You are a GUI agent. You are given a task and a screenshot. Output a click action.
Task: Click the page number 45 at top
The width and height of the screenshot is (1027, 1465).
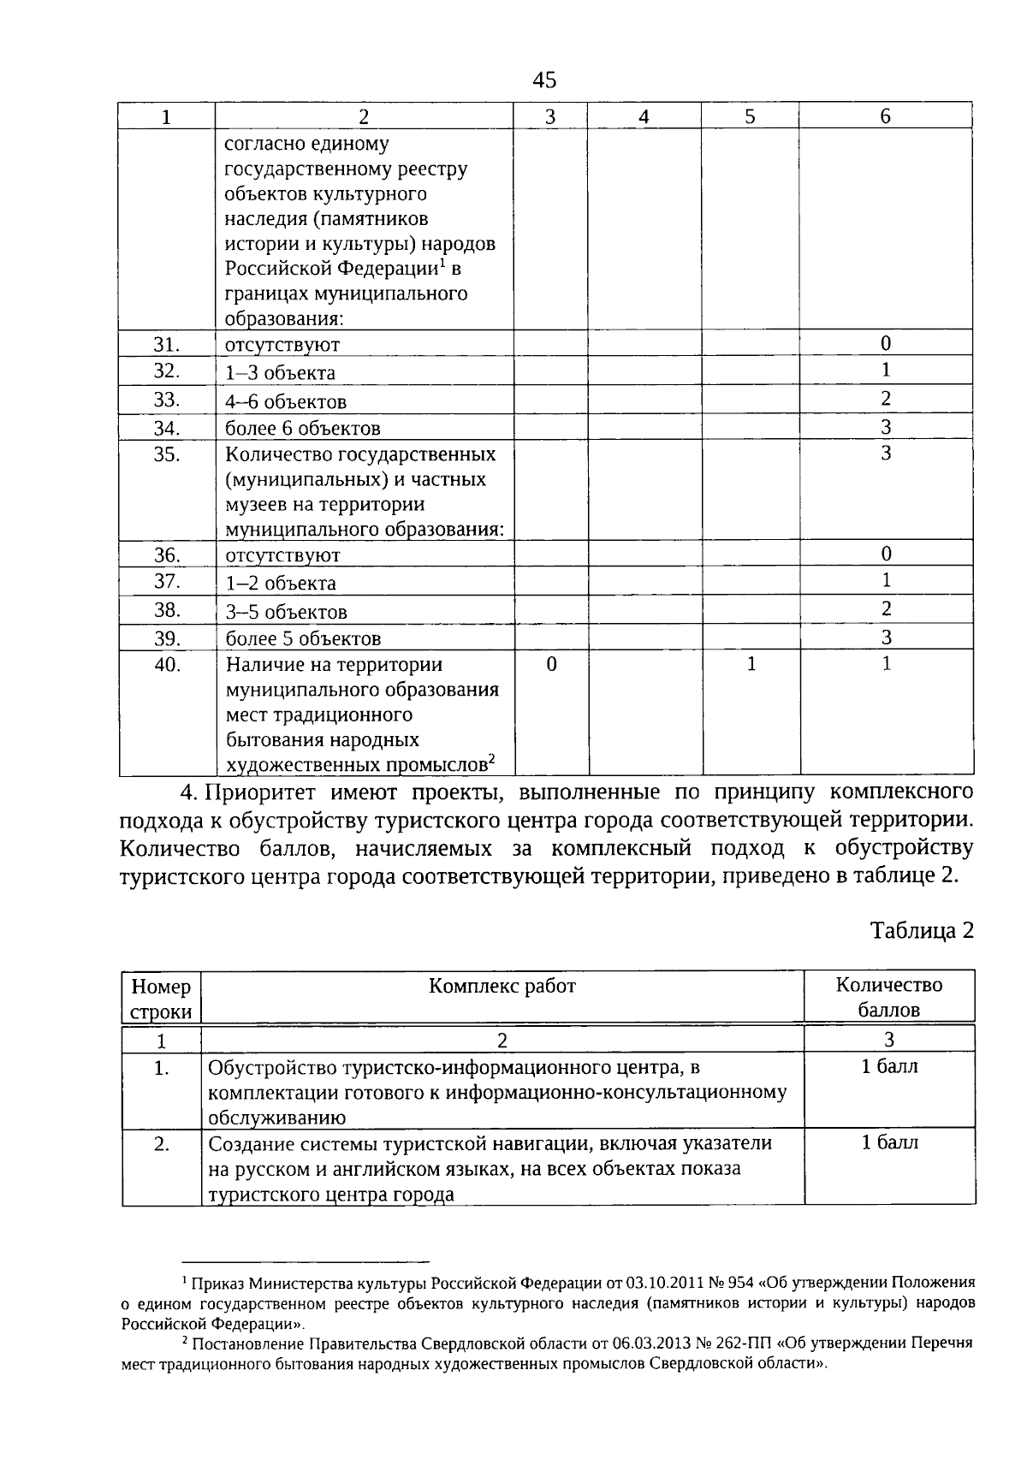[544, 80]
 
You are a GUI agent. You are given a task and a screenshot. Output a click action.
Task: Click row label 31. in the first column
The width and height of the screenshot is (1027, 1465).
[166, 344]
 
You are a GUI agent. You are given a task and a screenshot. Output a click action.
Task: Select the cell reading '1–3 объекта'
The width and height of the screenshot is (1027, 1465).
[280, 373]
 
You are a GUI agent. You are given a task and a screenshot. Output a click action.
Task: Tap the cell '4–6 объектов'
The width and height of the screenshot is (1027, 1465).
[286, 401]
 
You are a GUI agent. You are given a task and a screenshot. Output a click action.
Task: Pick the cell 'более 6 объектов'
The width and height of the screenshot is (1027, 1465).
[303, 428]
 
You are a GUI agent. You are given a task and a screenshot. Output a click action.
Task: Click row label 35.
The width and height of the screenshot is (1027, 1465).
[166, 454]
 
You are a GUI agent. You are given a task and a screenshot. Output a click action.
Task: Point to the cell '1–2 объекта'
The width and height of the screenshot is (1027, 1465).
[280, 584]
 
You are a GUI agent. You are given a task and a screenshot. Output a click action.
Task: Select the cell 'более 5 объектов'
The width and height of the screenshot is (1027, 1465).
[303, 638]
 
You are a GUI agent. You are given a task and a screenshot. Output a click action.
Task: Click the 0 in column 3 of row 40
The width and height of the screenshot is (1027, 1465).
[550, 664]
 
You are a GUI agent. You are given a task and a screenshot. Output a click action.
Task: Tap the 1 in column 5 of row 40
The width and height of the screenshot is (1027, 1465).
[751, 664]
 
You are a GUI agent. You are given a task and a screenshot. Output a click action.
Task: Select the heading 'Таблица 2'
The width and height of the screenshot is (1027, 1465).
[922, 930]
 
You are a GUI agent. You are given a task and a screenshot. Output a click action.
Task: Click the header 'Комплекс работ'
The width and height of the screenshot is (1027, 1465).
[502, 986]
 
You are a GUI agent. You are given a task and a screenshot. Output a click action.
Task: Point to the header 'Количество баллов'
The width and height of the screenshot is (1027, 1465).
[888, 997]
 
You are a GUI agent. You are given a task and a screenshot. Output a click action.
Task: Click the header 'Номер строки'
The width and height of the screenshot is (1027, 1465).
[161, 999]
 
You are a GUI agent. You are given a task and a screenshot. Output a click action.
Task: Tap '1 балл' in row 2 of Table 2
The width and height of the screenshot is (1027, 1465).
[888, 1142]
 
